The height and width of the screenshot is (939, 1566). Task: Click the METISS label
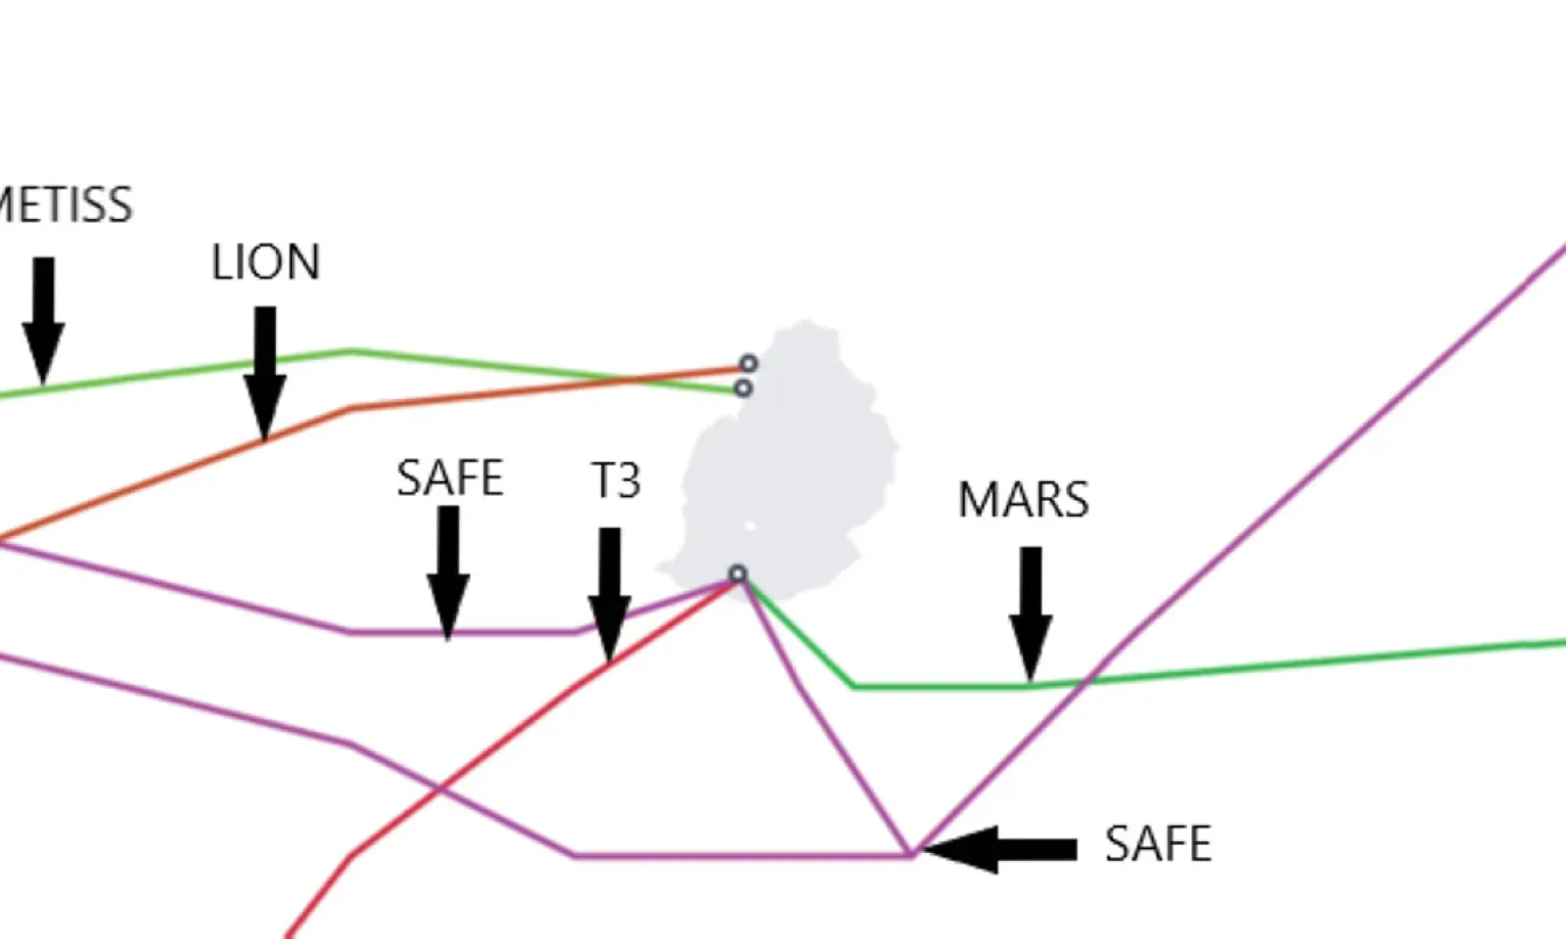click(x=65, y=205)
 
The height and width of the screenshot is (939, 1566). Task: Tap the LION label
click(x=265, y=262)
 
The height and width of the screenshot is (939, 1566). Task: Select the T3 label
click(x=617, y=480)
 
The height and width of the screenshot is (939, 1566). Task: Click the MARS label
click(x=1023, y=500)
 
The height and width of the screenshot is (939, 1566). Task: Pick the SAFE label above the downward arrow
click(x=450, y=478)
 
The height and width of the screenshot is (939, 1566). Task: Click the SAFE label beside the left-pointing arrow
click(x=1158, y=843)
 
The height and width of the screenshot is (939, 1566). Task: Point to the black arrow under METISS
click(x=43, y=318)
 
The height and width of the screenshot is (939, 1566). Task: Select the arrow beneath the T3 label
click(x=609, y=592)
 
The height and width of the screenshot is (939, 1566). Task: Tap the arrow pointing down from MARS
click(x=1031, y=611)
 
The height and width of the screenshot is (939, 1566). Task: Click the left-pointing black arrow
click(x=998, y=849)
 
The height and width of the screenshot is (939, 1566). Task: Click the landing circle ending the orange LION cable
click(x=748, y=364)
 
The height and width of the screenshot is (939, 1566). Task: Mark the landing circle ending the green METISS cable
click(x=743, y=388)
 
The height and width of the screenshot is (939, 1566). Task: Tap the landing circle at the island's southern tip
click(x=738, y=574)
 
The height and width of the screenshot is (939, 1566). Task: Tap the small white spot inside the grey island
click(x=751, y=526)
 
